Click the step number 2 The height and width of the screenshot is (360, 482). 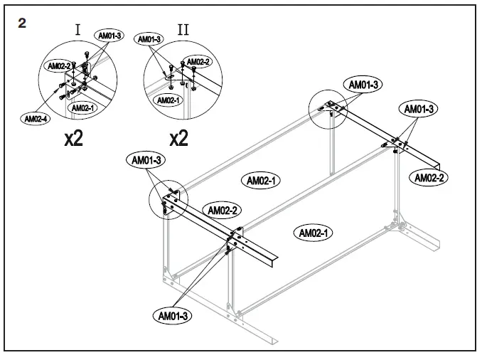coord(23,23)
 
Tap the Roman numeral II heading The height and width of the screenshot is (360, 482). coord(183,30)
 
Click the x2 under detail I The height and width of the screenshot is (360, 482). coord(73,137)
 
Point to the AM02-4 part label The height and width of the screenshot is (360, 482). coord(36,119)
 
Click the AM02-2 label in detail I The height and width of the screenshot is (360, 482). coord(58,65)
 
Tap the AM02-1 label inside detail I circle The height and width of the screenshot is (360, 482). coord(83,107)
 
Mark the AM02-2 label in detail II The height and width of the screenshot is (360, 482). coord(197,61)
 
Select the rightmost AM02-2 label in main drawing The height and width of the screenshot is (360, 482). coord(429,177)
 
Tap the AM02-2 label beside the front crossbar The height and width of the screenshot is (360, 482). coord(221,209)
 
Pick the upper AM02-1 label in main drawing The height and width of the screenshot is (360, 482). coord(261,180)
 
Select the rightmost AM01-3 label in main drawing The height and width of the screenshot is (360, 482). coord(421,109)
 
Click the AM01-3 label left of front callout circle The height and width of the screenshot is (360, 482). coord(146,160)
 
